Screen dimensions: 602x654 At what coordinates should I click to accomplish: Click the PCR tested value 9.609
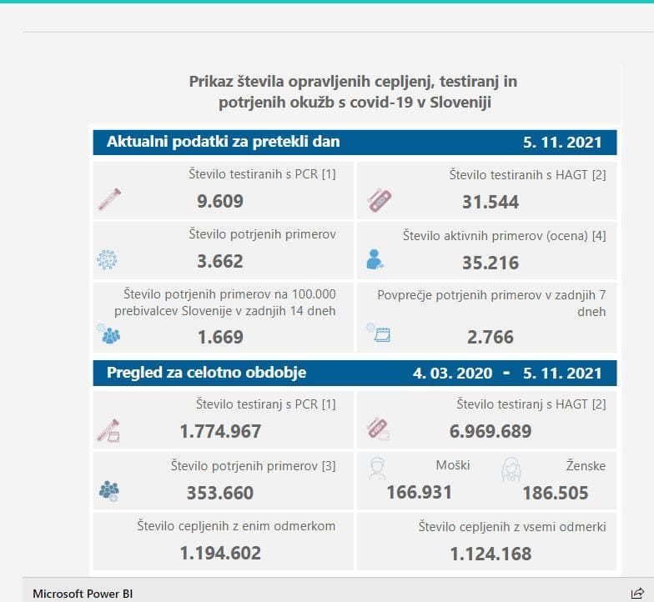(x=220, y=201)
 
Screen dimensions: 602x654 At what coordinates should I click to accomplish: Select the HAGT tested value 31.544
(x=490, y=202)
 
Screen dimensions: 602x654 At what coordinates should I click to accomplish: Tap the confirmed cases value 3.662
(x=220, y=261)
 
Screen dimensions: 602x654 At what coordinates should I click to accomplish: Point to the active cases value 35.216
(x=490, y=263)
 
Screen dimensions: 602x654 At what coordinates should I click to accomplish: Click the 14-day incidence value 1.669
(x=220, y=337)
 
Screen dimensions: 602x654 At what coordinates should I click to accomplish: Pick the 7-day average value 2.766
(x=490, y=337)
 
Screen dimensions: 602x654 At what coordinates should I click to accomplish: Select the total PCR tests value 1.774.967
(x=220, y=431)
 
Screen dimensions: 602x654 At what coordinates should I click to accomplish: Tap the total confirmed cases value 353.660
(x=220, y=493)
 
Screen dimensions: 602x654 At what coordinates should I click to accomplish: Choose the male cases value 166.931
(x=419, y=492)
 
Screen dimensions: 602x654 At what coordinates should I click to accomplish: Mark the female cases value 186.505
(x=555, y=493)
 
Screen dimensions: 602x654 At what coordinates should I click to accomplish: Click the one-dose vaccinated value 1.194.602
(x=220, y=553)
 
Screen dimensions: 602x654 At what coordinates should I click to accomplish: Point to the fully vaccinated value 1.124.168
(x=490, y=553)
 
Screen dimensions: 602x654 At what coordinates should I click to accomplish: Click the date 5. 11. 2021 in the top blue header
(x=562, y=143)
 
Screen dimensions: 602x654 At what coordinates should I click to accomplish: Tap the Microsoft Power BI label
(x=83, y=594)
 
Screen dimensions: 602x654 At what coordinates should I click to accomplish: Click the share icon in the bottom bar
(x=636, y=593)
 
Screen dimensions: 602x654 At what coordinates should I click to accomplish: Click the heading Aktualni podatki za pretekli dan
(x=223, y=142)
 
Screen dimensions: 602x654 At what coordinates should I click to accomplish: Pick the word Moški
(x=453, y=465)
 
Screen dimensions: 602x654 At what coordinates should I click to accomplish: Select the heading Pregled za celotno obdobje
(x=206, y=373)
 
